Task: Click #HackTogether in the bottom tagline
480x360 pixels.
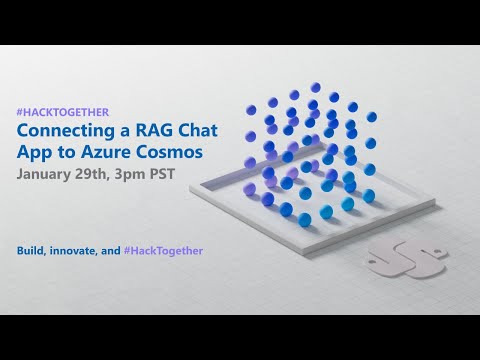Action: coord(168,249)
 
